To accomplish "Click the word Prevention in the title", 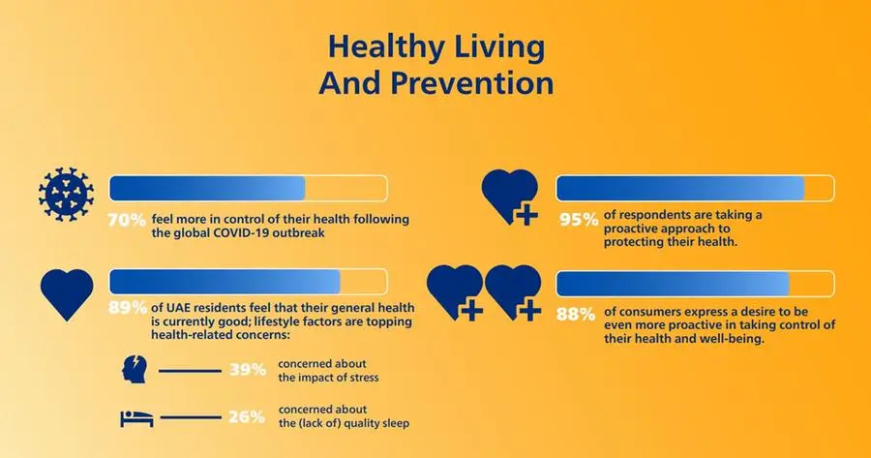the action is point(472,83).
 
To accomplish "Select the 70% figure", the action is point(127,220).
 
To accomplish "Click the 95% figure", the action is point(579,220).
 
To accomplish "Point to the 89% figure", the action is point(128,307).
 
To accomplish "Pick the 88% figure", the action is point(576,315).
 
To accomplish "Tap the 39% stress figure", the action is point(248,370).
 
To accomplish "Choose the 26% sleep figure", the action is point(247,416).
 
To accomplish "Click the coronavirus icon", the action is point(66,195).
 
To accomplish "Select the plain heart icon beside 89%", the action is point(67,294).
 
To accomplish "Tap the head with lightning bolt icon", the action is point(135,370).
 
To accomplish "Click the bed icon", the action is point(136,418).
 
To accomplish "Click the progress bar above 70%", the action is point(249,188).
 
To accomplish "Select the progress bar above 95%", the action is point(695,188).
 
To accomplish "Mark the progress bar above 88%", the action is point(695,284).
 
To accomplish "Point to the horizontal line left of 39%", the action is point(190,371).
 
